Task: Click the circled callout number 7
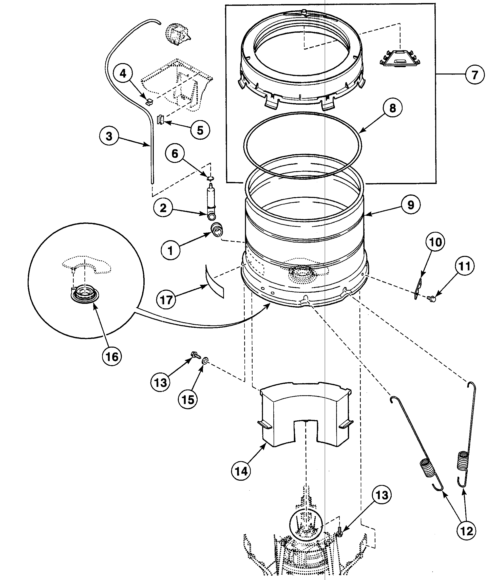474,75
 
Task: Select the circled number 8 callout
393,108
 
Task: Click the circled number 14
241,471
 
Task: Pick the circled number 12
466,531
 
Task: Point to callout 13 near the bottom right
382,495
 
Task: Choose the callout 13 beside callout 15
160,382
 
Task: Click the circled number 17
166,300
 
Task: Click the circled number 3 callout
109,136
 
